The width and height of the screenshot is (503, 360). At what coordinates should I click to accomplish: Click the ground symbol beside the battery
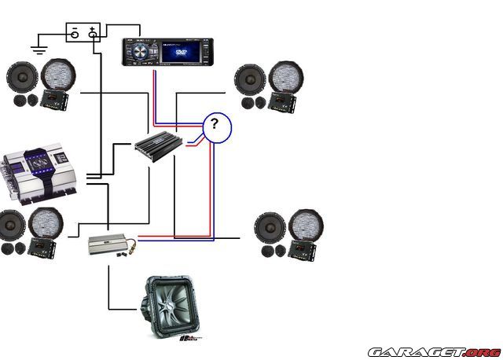point(37,50)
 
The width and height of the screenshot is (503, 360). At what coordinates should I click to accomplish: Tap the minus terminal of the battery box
point(74,33)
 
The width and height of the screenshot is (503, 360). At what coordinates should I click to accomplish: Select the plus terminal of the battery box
point(93,33)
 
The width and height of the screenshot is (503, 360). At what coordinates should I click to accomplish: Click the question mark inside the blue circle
point(217,125)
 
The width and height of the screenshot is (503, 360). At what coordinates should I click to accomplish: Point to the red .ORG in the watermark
point(481,351)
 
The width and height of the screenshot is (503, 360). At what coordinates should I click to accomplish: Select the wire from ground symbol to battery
point(51,33)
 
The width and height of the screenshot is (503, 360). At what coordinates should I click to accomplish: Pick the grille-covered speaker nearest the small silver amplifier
point(46,225)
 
